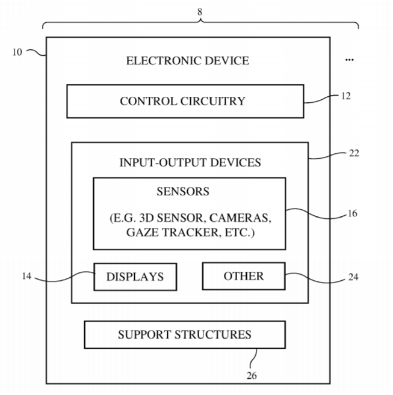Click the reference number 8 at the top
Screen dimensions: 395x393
point(200,11)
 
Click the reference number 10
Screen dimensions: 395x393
point(17,52)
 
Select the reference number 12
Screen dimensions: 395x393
point(345,96)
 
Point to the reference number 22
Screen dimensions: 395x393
point(354,153)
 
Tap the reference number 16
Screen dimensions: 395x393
point(352,213)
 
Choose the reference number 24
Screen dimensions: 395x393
point(353,278)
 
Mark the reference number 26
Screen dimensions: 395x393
point(252,376)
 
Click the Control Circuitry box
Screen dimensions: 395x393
point(184,101)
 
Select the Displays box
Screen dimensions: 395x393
point(135,277)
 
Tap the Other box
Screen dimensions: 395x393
point(243,276)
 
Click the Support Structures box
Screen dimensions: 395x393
point(184,335)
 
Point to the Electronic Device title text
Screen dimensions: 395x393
point(187,61)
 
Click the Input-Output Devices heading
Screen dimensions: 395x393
point(190,162)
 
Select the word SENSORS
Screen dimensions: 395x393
point(183,192)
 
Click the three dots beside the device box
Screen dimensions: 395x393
point(350,60)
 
